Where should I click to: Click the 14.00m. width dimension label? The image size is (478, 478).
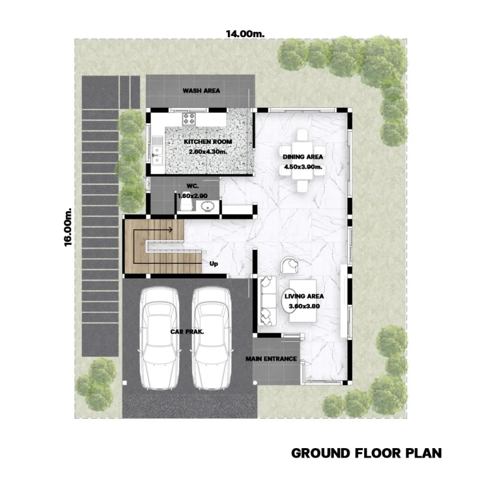coord(245,34)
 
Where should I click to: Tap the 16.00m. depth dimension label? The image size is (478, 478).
coord(68,227)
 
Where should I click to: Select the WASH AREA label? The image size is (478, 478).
coord(201,91)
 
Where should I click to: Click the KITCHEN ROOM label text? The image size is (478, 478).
coord(208,142)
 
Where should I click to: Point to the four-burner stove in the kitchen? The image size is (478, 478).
coord(189,119)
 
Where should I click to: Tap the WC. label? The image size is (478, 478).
coord(193,186)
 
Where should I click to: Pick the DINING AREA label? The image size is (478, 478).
coord(302,157)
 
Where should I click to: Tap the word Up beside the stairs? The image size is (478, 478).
coord(214,264)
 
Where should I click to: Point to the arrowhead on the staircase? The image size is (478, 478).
coord(170,230)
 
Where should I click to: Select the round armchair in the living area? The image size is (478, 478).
coord(289,265)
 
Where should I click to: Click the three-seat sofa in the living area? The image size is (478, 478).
coord(267,301)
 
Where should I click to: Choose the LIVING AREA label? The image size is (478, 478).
coord(304,296)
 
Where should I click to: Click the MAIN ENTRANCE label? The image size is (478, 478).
coord(271,359)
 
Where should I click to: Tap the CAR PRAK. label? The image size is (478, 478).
coord(187,332)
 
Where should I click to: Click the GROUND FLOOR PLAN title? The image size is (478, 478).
coord(366,453)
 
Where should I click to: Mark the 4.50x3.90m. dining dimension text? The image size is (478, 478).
coord(303,167)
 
